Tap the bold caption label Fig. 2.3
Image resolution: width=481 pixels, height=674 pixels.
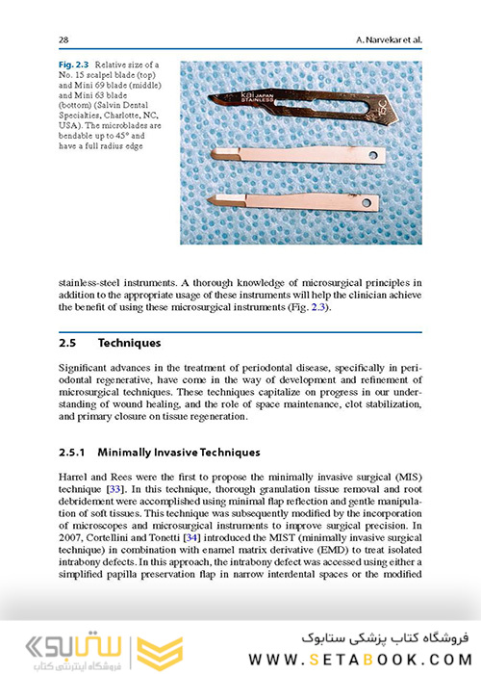pos(75,64)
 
